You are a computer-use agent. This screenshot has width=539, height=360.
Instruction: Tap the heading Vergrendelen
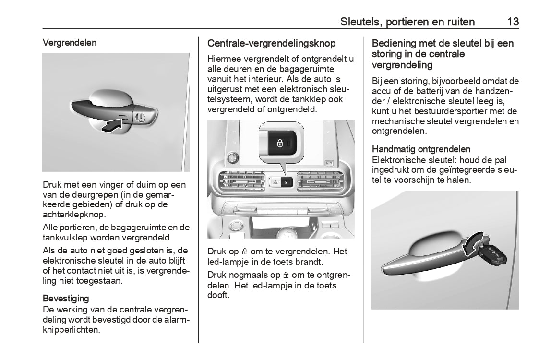70,42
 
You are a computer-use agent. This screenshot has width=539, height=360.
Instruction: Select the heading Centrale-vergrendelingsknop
271,43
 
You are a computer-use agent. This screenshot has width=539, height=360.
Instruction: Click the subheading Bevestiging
66,298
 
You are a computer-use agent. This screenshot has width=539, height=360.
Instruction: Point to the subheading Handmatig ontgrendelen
421,149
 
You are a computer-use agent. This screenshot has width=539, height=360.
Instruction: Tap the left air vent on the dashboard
236,184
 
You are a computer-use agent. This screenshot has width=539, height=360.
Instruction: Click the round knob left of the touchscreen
233,157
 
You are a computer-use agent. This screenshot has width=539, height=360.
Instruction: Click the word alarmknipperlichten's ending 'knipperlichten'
72,330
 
